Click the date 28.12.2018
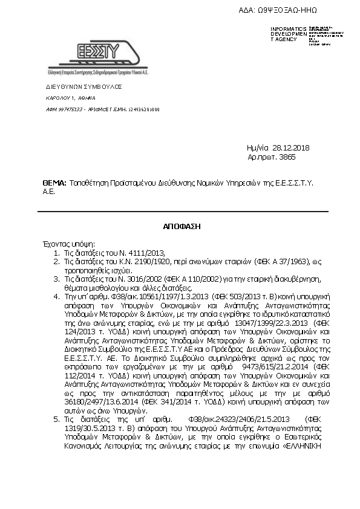click(291, 148)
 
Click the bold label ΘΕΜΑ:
click(54, 181)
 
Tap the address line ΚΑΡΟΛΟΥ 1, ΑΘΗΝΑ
click(71, 98)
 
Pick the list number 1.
click(56, 252)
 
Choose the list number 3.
click(56, 280)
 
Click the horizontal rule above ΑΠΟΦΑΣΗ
click(183, 212)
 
